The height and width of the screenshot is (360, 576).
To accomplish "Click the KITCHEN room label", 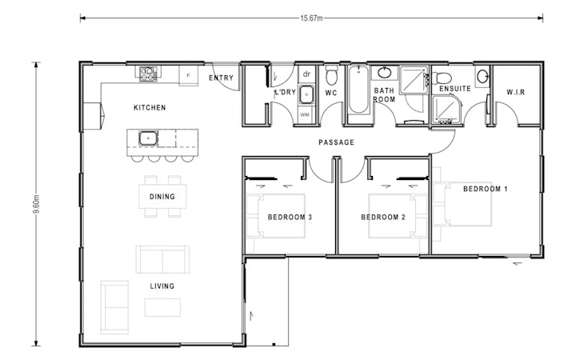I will coord(150,107).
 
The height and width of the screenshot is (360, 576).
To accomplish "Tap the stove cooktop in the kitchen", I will coord(149,74).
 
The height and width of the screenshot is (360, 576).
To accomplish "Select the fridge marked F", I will coord(188,74).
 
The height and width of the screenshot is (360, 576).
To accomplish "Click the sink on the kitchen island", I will coord(148,138).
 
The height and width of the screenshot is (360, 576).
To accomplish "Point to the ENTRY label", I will coord(222,78).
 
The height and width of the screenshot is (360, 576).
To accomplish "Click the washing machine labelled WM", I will coord(305,114).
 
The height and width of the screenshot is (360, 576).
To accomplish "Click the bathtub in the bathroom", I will coord(357,95).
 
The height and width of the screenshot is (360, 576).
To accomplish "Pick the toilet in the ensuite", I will coord(444,78).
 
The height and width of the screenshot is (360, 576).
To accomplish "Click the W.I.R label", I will coord(515,93).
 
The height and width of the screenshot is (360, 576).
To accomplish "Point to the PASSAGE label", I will coord(336,142).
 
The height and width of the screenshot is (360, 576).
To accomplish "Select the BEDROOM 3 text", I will coord(290,217).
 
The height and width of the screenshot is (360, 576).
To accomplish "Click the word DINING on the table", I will coord(162,196).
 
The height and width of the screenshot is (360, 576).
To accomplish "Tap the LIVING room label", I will coord(162,286).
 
